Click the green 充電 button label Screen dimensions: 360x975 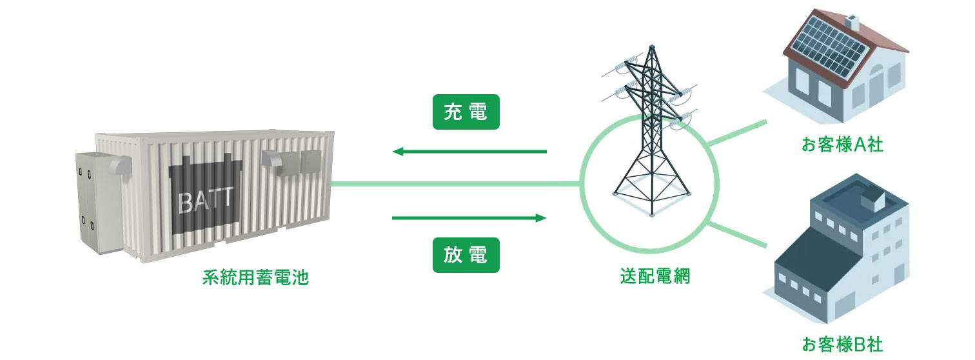(466, 113)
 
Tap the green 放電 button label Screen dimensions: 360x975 (466, 256)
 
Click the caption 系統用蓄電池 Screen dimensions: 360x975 (255, 279)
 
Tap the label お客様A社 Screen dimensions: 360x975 (842, 145)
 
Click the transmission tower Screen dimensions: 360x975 (649, 135)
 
